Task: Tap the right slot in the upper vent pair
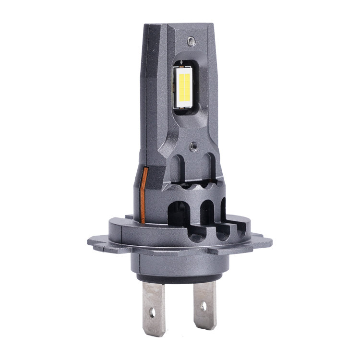[x=209, y=170]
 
